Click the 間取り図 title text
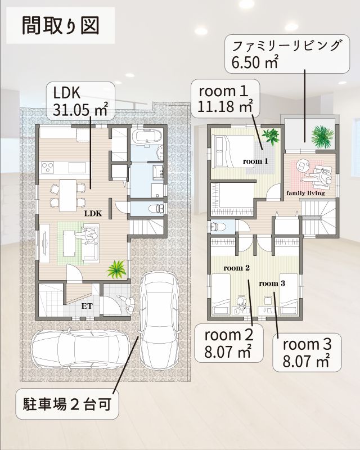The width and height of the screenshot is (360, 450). pos(61,26)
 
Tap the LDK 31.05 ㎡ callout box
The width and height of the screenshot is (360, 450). pos(80,101)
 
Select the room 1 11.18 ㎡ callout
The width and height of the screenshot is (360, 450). pos(226,99)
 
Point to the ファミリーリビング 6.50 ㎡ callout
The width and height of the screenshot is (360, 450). pos(287,54)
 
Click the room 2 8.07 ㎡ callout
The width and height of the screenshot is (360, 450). pos(229,343)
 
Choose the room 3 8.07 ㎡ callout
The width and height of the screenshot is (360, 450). pos(307,353)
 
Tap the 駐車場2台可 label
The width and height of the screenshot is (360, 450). pos(67,404)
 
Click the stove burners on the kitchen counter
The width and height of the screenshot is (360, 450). pos(47,167)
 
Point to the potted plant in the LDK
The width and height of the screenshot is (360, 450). pos(116,269)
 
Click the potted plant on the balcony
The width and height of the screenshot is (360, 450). pos(323,135)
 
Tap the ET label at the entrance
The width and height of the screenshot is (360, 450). pos(87,306)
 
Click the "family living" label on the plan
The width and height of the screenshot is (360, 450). pos(305,193)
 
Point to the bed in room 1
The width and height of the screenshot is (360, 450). pos(232,151)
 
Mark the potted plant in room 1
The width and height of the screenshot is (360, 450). pos(271,136)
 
